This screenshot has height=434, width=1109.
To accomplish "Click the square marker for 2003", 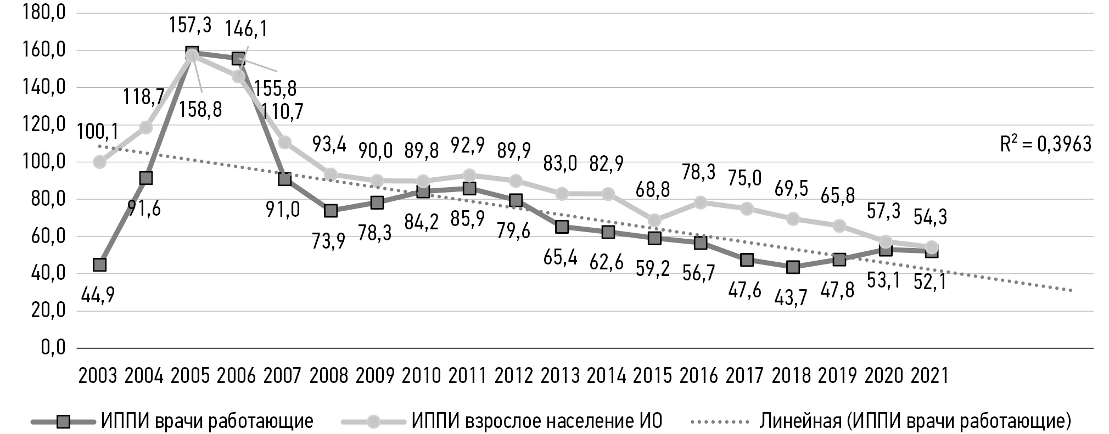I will point(99,264).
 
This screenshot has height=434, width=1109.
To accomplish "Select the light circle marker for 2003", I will point(99,162).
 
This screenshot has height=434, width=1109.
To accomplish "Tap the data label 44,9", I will point(98,296).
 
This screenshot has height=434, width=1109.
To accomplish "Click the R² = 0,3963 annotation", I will point(1045,144).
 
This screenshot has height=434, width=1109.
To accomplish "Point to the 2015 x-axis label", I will point(652,375).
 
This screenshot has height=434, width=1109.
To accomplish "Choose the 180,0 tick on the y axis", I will point(42,13).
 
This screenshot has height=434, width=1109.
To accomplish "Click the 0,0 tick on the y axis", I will point(53,347).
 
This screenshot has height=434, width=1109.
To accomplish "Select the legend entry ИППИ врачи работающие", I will point(207,421).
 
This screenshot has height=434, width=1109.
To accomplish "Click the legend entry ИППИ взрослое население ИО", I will point(536,421).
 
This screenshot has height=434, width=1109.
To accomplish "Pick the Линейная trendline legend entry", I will point(915,421).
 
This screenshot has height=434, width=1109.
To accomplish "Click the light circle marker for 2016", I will point(700,202).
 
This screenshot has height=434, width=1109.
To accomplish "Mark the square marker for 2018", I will point(793,267).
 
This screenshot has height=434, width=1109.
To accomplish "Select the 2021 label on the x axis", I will point(929,375).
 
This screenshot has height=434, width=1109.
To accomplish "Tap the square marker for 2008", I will point(331,211).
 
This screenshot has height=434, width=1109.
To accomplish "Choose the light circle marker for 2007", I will point(284,142).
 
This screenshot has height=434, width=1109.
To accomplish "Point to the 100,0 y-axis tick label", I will point(42,162).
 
